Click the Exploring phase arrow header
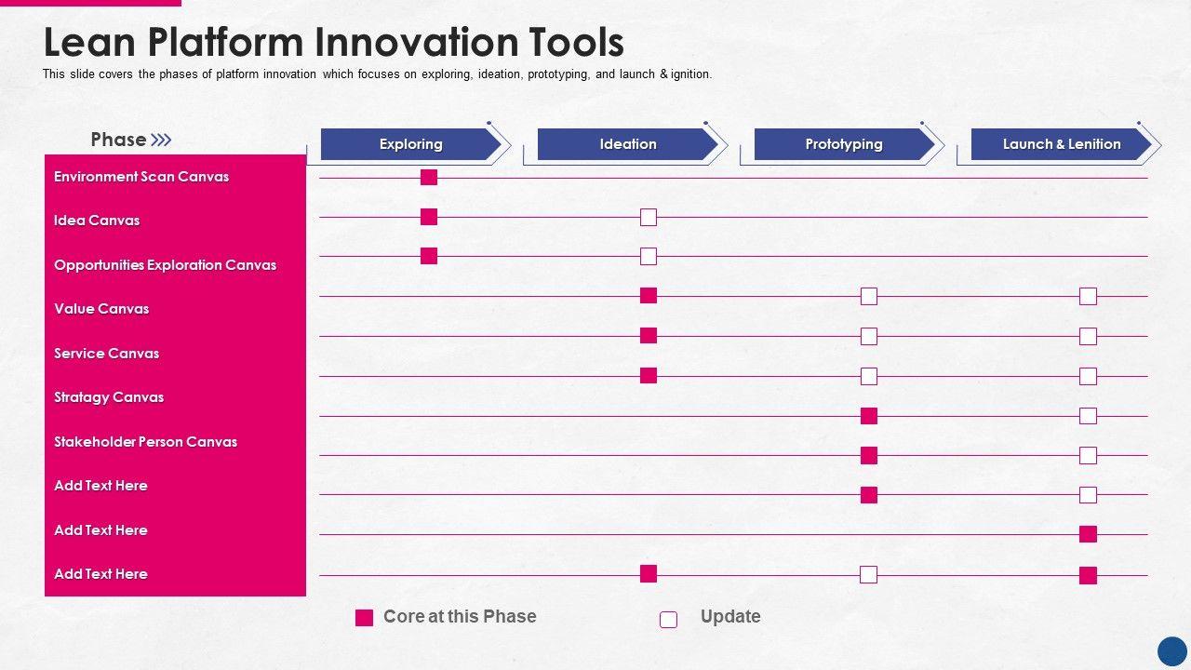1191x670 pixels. pyautogui.click(x=410, y=144)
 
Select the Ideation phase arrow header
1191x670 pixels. pyautogui.click(x=627, y=144)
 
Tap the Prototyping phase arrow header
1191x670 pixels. pyautogui.click(x=844, y=144)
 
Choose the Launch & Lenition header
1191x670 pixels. pyautogui.click(x=1062, y=144)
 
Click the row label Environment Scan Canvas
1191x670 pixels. pyautogui.click(x=141, y=177)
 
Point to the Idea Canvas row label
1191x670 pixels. pyautogui.click(x=97, y=221)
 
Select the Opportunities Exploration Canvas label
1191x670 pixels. pyautogui.click(x=166, y=265)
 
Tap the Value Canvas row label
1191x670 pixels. pyautogui.click(x=101, y=309)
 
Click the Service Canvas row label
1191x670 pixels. pyautogui.click(x=107, y=353)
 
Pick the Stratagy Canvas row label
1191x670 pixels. pyautogui.click(x=109, y=397)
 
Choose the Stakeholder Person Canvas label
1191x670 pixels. pyautogui.click(x=146, y=441)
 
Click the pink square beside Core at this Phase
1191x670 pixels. pyautogui.click(x=364, y=618)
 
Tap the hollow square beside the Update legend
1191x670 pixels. pyautogui.click(x=668, y=620)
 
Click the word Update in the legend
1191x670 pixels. pyautogui.click(x=730, y=617)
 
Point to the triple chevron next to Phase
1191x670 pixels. pyautogui.click(x=161, y=140)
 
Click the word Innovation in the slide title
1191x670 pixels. pyautogui.click(x=416, y=43)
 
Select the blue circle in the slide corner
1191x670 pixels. pyautogui.click(x=1172, y=651)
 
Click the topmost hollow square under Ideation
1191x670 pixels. pyautogui.click(x=649, y=217)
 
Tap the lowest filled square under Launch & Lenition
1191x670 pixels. pyautogui.click(x=1088, y=575)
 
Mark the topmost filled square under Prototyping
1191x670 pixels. pyautogui.click(x=869, y=416)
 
